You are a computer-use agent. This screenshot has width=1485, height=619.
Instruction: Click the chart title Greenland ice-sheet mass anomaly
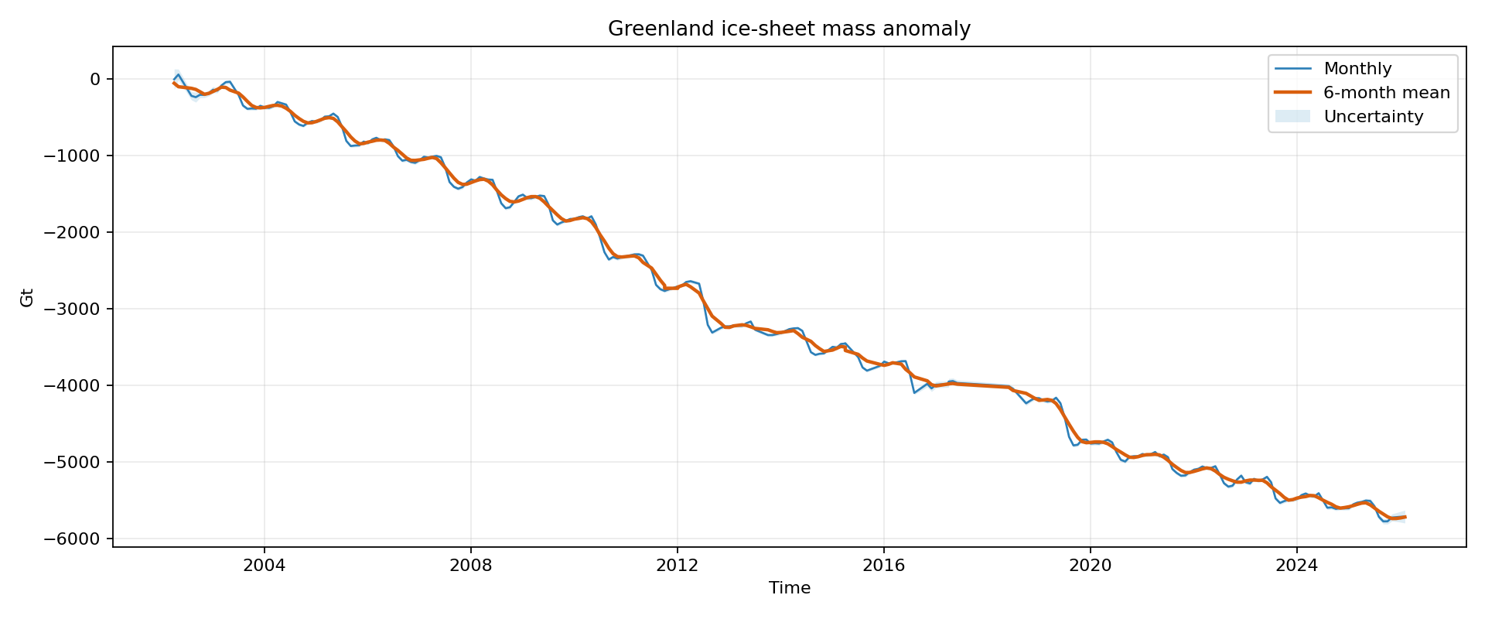(x=789, y=29)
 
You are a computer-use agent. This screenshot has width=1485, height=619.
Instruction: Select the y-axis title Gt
(x=27, y=297)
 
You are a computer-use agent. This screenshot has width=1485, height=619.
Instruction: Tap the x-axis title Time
(x=789, y=588)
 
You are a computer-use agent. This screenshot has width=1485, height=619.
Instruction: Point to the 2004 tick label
(x=264, y=566)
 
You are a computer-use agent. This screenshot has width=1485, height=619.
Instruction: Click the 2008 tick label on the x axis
(x=470, y=566)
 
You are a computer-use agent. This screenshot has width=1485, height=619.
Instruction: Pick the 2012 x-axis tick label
(x=677, y=566)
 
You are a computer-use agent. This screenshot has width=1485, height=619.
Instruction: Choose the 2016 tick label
(x=883, y=566)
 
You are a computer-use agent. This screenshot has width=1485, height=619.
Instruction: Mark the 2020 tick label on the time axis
(x=1090, y=566)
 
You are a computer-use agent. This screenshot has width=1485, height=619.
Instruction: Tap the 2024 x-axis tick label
(x=1296, y=566)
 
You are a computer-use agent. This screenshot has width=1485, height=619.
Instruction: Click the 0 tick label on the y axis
(x=95, y=79)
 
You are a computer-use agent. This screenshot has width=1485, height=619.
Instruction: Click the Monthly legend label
(x=1357, y=69)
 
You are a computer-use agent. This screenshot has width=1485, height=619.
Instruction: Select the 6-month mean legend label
(x=1386, y=93)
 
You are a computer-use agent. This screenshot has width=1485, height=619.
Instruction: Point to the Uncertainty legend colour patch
(x=1292, y=117)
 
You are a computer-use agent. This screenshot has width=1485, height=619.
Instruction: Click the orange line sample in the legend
(x=1292, y=93)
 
